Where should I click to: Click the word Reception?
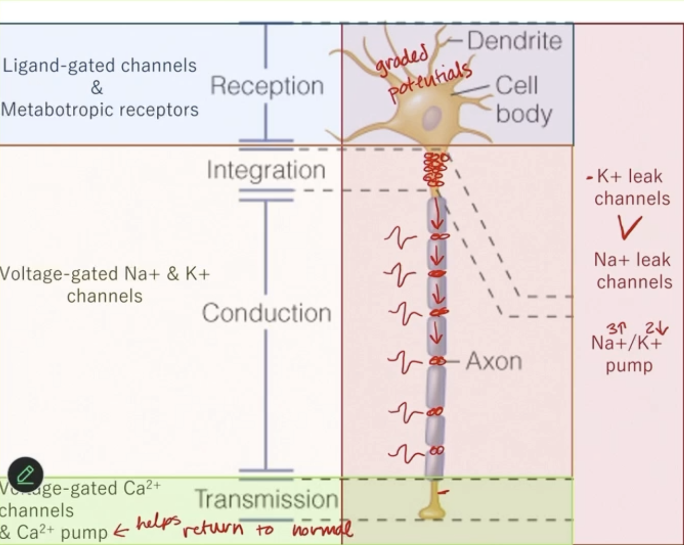point(267,86)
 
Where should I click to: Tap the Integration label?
point(266,170)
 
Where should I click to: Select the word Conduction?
point(267,313)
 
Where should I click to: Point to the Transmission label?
point(267,499)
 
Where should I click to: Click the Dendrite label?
point(515,41)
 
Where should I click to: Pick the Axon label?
point(493,362)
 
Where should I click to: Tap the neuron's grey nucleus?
point(433,118)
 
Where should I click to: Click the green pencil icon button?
point(25,475)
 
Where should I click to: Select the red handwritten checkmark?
point(630,227)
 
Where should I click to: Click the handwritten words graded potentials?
point(422,74)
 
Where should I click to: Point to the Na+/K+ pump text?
point(628,354)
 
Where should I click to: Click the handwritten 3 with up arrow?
point(615,329)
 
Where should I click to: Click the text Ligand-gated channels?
point(99,65)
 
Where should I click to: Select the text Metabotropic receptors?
point(99,110)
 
